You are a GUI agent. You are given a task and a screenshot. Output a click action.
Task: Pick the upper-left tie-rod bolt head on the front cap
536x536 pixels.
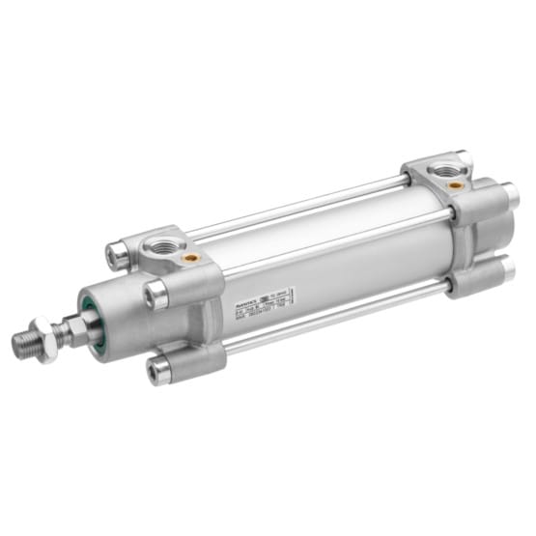click(116, 253)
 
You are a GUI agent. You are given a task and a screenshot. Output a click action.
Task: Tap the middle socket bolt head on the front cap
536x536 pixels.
click(154, 295)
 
